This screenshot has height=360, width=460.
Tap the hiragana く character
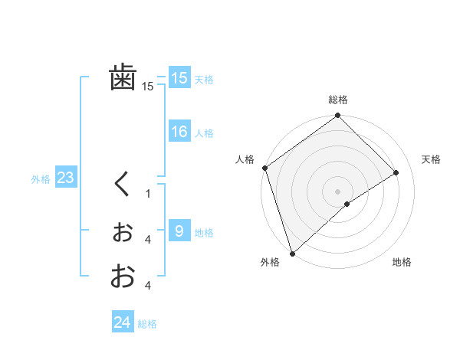pos(122,185)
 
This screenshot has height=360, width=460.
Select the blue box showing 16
pos(179,132)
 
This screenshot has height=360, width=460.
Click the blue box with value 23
pos(65,178)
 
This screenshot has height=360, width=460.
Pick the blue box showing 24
pos(122,322)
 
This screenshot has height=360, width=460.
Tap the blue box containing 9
pos(179,231)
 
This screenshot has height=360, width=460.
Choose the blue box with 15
pos(179,77)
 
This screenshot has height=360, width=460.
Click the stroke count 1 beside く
pos(148,194)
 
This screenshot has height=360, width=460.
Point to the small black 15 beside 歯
pos(148,87)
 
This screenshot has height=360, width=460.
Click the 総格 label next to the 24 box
pos(147,324)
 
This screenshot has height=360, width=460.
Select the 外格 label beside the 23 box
pos(41,179)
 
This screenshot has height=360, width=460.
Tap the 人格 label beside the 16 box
pos(204,133)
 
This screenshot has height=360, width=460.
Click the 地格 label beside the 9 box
pos(204,233)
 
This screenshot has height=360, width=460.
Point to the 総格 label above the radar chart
pos(337,100)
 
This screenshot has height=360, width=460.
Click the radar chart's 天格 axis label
pos(431,159)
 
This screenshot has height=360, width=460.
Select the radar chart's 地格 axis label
pos(402,262)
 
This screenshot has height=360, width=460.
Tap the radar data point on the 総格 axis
pos(337,116)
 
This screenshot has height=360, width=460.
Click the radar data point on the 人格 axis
pos(264,168)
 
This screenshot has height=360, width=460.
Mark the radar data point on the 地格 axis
pos(347,204)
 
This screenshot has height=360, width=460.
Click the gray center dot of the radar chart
pos(337,191)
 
